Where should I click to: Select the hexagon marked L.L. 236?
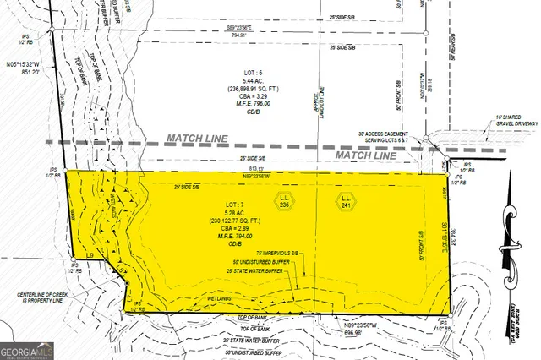click(x=285, y=200)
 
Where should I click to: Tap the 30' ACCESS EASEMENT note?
click(x=388, y=138)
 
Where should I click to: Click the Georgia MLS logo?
click(x=28, y=347)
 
